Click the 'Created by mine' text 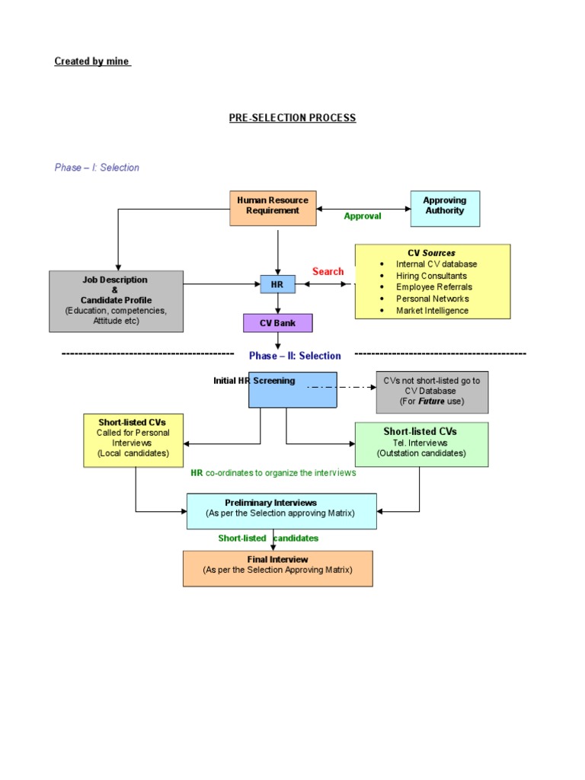point(92,62)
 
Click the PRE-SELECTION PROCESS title point(292,118)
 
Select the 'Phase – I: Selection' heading point(97,168)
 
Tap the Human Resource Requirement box point(273,208)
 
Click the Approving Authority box point(445,208)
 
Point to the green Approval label point(363,216)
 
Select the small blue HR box point(277,284)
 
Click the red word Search point(328,271)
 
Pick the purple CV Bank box point(277,323)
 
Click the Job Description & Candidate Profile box point(116,301)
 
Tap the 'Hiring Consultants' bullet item point(431,276)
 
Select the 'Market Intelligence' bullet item point(432,311)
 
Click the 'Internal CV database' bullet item point(436,264)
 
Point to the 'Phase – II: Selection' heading point(295,356)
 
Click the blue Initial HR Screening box point(292,390)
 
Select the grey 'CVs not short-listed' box point(432,391)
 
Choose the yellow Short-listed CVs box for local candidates point(133,439)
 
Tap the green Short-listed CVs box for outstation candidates point(421,443)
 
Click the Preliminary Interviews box point(281,510)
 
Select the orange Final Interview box point(277,567)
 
